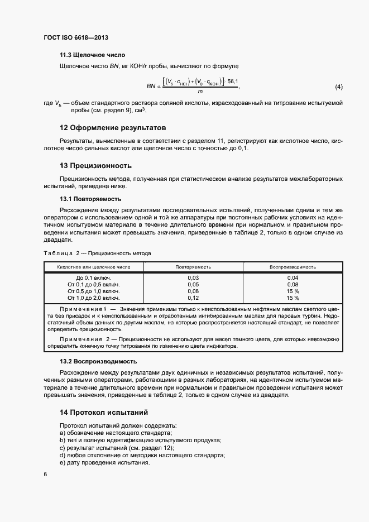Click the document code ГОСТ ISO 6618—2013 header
pos(75,37)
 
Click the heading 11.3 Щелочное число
pos(92,55)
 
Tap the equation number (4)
pos(338,87)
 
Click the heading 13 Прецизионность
pos(95,166)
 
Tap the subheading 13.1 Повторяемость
pos(90,199)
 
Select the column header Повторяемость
pos(193,267)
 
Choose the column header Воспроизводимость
pos(293,267)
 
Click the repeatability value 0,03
pos(193,277)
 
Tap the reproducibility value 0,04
pos(293,277)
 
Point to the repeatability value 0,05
pos(193,284)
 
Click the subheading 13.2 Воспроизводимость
pos(98,361)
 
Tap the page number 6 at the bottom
pos(45,474)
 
